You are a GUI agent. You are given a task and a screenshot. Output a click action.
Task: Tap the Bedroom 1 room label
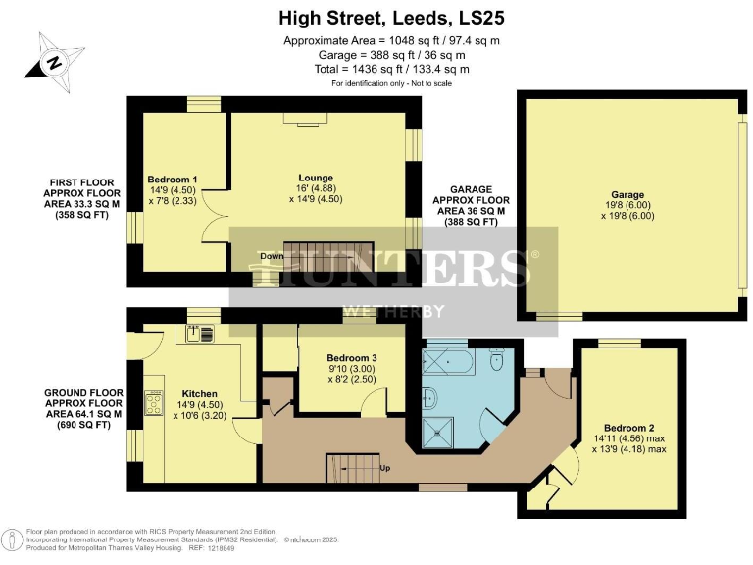click(x=173, y=180)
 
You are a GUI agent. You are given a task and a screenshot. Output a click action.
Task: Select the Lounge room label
click(x=317, y=178)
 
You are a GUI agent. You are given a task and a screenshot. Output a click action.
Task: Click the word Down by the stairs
click(x=273, y=257)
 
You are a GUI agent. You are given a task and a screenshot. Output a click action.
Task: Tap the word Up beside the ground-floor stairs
click(x=385, y=468)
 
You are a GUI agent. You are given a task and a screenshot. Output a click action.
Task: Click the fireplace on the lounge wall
click(x=305, y=118)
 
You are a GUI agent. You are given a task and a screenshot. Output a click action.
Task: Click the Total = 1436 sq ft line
click(x=376, y=69)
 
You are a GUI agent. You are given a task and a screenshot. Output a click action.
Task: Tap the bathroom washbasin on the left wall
click(x=429, y=396)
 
